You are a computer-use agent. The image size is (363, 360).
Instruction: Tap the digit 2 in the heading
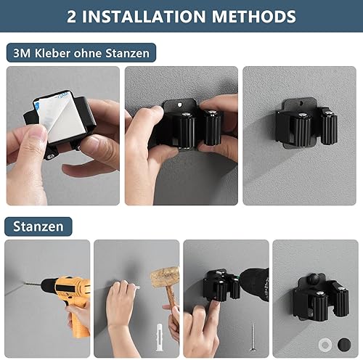[72, 16]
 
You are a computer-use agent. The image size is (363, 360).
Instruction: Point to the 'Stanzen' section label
[38, 226]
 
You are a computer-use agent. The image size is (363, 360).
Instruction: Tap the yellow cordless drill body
[69, 290]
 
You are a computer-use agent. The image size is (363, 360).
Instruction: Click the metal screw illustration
[252, 336]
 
